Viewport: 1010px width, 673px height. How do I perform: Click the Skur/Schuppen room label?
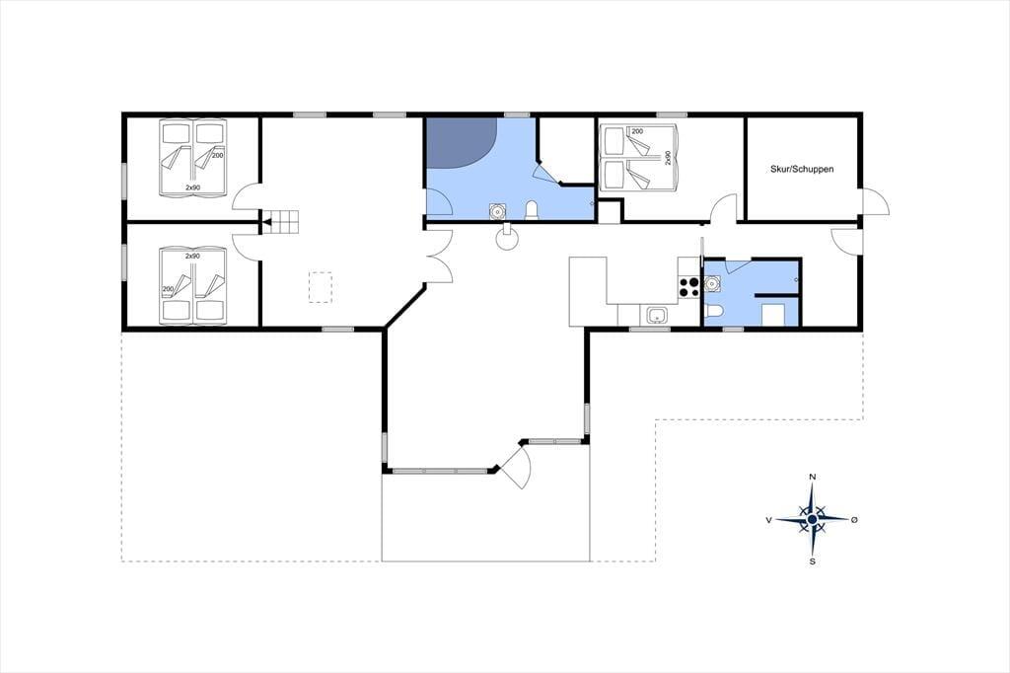coord(802,169)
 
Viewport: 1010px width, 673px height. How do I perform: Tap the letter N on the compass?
coord(813,477)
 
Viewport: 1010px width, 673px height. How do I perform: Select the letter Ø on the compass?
coord(854,519)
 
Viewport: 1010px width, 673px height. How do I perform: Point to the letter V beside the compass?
coord(769,520)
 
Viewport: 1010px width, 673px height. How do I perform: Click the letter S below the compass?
coord(813,561)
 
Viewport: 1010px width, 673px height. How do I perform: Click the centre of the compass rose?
coord(813,518)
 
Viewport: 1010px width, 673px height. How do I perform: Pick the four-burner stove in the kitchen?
coord(688,287)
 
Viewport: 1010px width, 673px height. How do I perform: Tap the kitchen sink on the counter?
coord(657,315)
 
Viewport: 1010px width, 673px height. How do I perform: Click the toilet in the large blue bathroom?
coord(532,211)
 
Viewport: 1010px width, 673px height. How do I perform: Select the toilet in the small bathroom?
coord(714,312)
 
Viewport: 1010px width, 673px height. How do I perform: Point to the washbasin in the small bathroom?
coord(712,282)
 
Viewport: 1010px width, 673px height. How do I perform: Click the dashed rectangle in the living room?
coord(321,287)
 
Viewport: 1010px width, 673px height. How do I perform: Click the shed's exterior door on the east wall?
coord(874,201)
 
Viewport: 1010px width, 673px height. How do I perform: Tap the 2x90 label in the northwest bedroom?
coord(192,187)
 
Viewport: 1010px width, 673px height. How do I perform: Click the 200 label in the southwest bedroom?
coord(169,289)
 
